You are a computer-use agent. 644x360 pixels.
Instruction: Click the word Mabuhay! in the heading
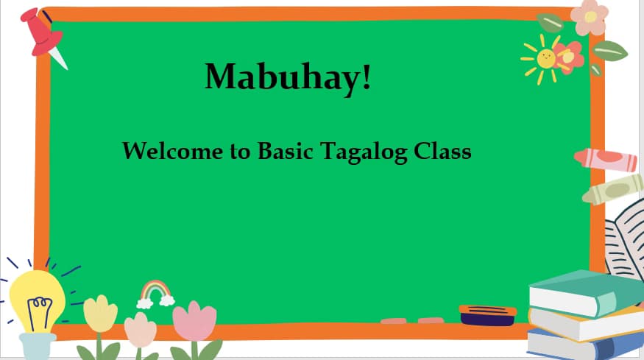click(x=288, y=77)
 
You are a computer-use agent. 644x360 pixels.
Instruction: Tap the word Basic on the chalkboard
click(x=286, y=152)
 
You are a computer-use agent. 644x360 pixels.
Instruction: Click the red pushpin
click(x=41, y=32)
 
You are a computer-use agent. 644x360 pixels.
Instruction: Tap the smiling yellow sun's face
click(x=545, y=58)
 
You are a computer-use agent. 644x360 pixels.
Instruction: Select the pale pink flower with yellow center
click(x=590, y=18)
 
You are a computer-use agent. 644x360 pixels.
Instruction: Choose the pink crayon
click(x=605, y=159)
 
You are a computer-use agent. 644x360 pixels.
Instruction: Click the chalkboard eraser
click(x=487, y=314)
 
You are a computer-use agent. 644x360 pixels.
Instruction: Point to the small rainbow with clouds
click(x=156, y=292)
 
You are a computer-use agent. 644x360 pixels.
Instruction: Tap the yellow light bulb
click(x=36, y=298)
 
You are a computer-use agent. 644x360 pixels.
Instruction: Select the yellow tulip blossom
click(x=100, y=313)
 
